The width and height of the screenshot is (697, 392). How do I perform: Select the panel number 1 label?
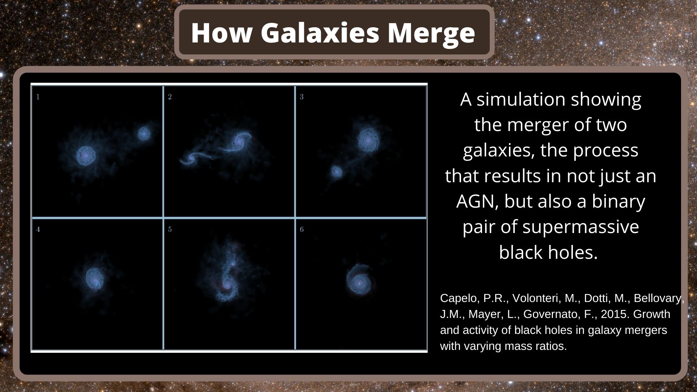pos(38,97)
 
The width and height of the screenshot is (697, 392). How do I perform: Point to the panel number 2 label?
pos(170,97)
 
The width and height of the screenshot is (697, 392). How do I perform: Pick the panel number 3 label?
pos(302,97)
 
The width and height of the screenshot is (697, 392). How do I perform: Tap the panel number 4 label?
pos(38,229)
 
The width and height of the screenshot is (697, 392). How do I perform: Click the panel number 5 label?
pos(170,229)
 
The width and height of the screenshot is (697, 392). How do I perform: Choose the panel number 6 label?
pos(302,229)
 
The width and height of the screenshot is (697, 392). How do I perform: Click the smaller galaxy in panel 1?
pos(144,134)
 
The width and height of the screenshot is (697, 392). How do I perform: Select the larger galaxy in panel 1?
pos(86,155)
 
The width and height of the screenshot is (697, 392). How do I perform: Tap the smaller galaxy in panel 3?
pos(337,172)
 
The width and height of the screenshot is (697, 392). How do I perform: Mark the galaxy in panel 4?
pos(95,278)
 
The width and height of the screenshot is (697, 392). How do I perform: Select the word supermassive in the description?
pos(580,227)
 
